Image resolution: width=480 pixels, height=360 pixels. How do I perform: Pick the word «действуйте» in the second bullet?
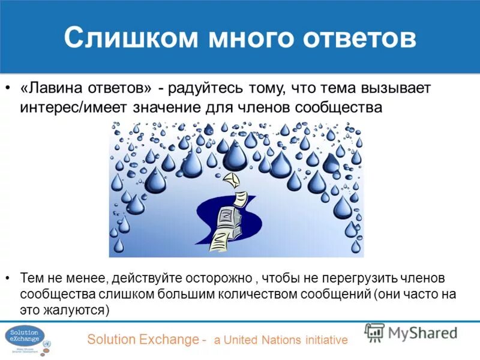141,279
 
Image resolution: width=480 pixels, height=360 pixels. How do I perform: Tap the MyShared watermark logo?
411,332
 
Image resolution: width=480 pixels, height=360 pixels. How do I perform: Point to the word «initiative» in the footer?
325,340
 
